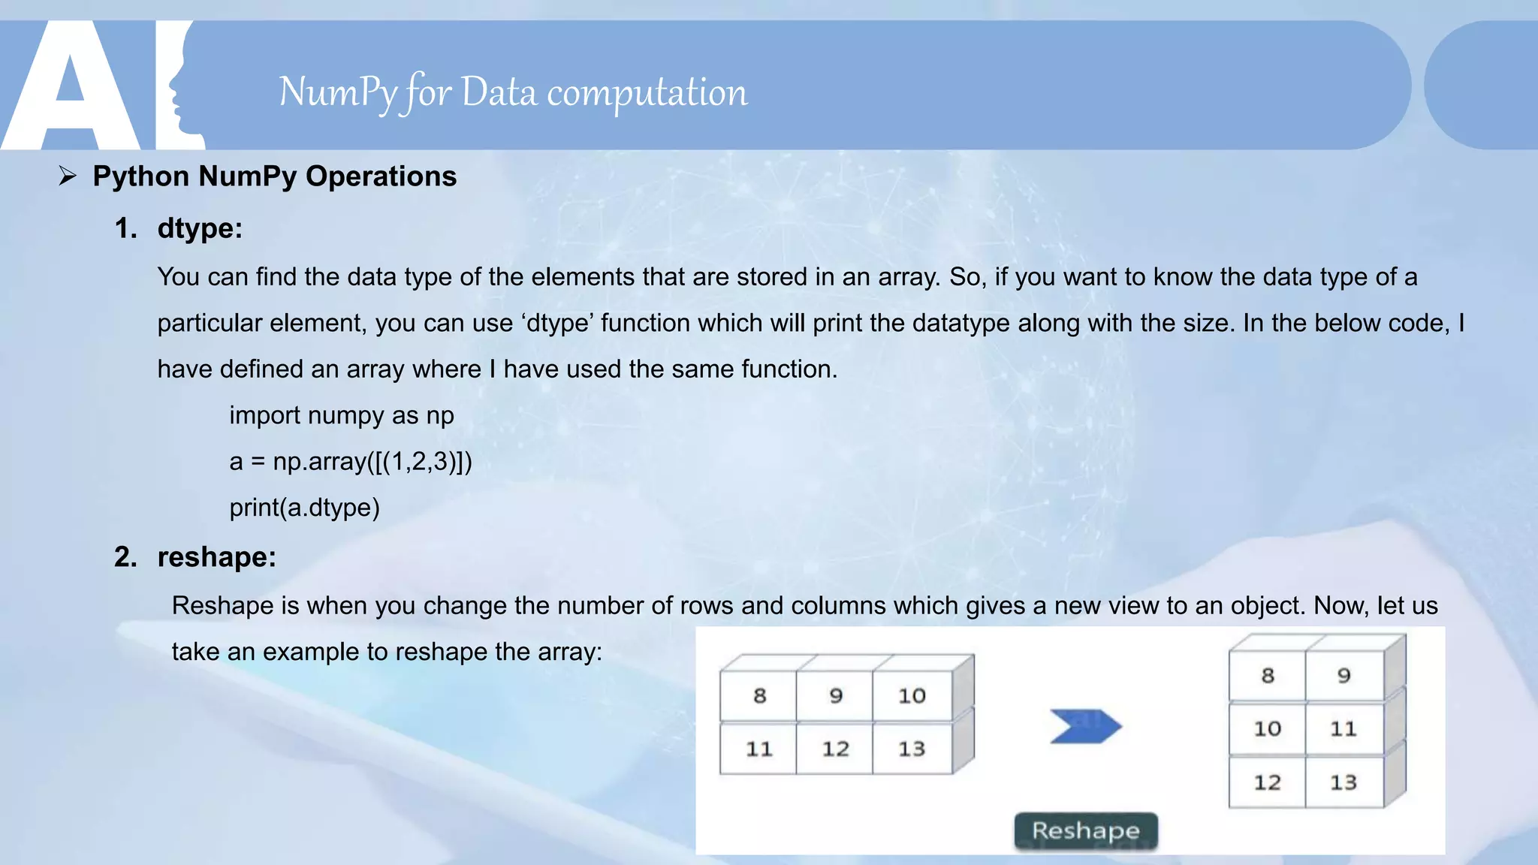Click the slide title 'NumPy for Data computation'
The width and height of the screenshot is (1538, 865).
pyautogui.click(x=513, y=92)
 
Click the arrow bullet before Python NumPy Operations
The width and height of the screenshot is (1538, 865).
pyautogui.click(x=68, y=176)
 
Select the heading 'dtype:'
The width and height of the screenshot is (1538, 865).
pyautogui.click(x=200, y=228)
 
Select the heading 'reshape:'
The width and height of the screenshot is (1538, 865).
pyautogui.click(x=216, y=557)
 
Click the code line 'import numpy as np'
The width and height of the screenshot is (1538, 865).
pyautogui.click(x=341, y=415)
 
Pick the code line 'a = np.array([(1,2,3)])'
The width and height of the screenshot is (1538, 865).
pyautogui.click(x=351, y=461)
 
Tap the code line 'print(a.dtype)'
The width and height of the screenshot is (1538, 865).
pyautogui.click(x=304, y=508)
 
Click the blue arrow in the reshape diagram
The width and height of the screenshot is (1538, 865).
pyautogui.click(x=1085, y=726)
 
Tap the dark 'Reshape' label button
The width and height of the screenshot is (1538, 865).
pyautogui.click(x=1085, y=830)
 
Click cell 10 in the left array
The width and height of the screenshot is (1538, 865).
pyautogui.click(x=912, y=696)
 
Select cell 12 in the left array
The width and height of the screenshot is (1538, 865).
pyautogui.click(x=835, y=749)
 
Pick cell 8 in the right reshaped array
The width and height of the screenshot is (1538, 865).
pyautogui.click(x=1268, y=676)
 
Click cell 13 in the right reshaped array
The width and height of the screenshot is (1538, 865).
pyautogui.click(x=1343, y=782)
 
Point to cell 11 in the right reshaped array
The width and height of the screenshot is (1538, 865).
pyautogui.click(x=1343, y=728)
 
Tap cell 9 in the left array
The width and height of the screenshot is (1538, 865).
pyautogui.click(x=835, y=696)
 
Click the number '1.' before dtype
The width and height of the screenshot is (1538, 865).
pyautogui.click(x=125, y=228)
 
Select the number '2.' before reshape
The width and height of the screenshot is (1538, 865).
pyautogui.click(x=125, y=557)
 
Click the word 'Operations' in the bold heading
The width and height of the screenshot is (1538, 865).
pyautogui.click(x=381, y=176)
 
